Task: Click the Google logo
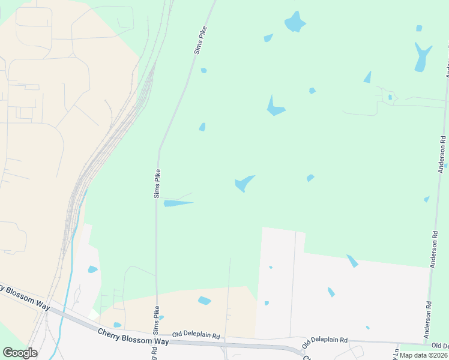[x=20, y=353]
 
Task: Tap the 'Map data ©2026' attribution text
[x=423, y=355]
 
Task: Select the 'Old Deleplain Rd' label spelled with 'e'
[x=196, y=335]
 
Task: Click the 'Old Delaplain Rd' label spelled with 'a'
[x=325, y=341]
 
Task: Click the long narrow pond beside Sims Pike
[x=178, y=203]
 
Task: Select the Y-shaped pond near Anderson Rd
[x=422, y=57]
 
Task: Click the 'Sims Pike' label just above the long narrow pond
[x=157, y=184]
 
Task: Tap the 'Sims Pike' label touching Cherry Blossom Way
[x=155, y=320]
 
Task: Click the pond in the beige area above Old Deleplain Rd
[x=205, y=301]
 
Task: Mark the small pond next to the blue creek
[x=92, y=269]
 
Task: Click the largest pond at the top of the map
[x=295, y=22]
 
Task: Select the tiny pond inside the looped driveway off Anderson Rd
[x=390, y=97]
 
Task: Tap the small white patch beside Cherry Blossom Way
[x=93, y=314]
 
